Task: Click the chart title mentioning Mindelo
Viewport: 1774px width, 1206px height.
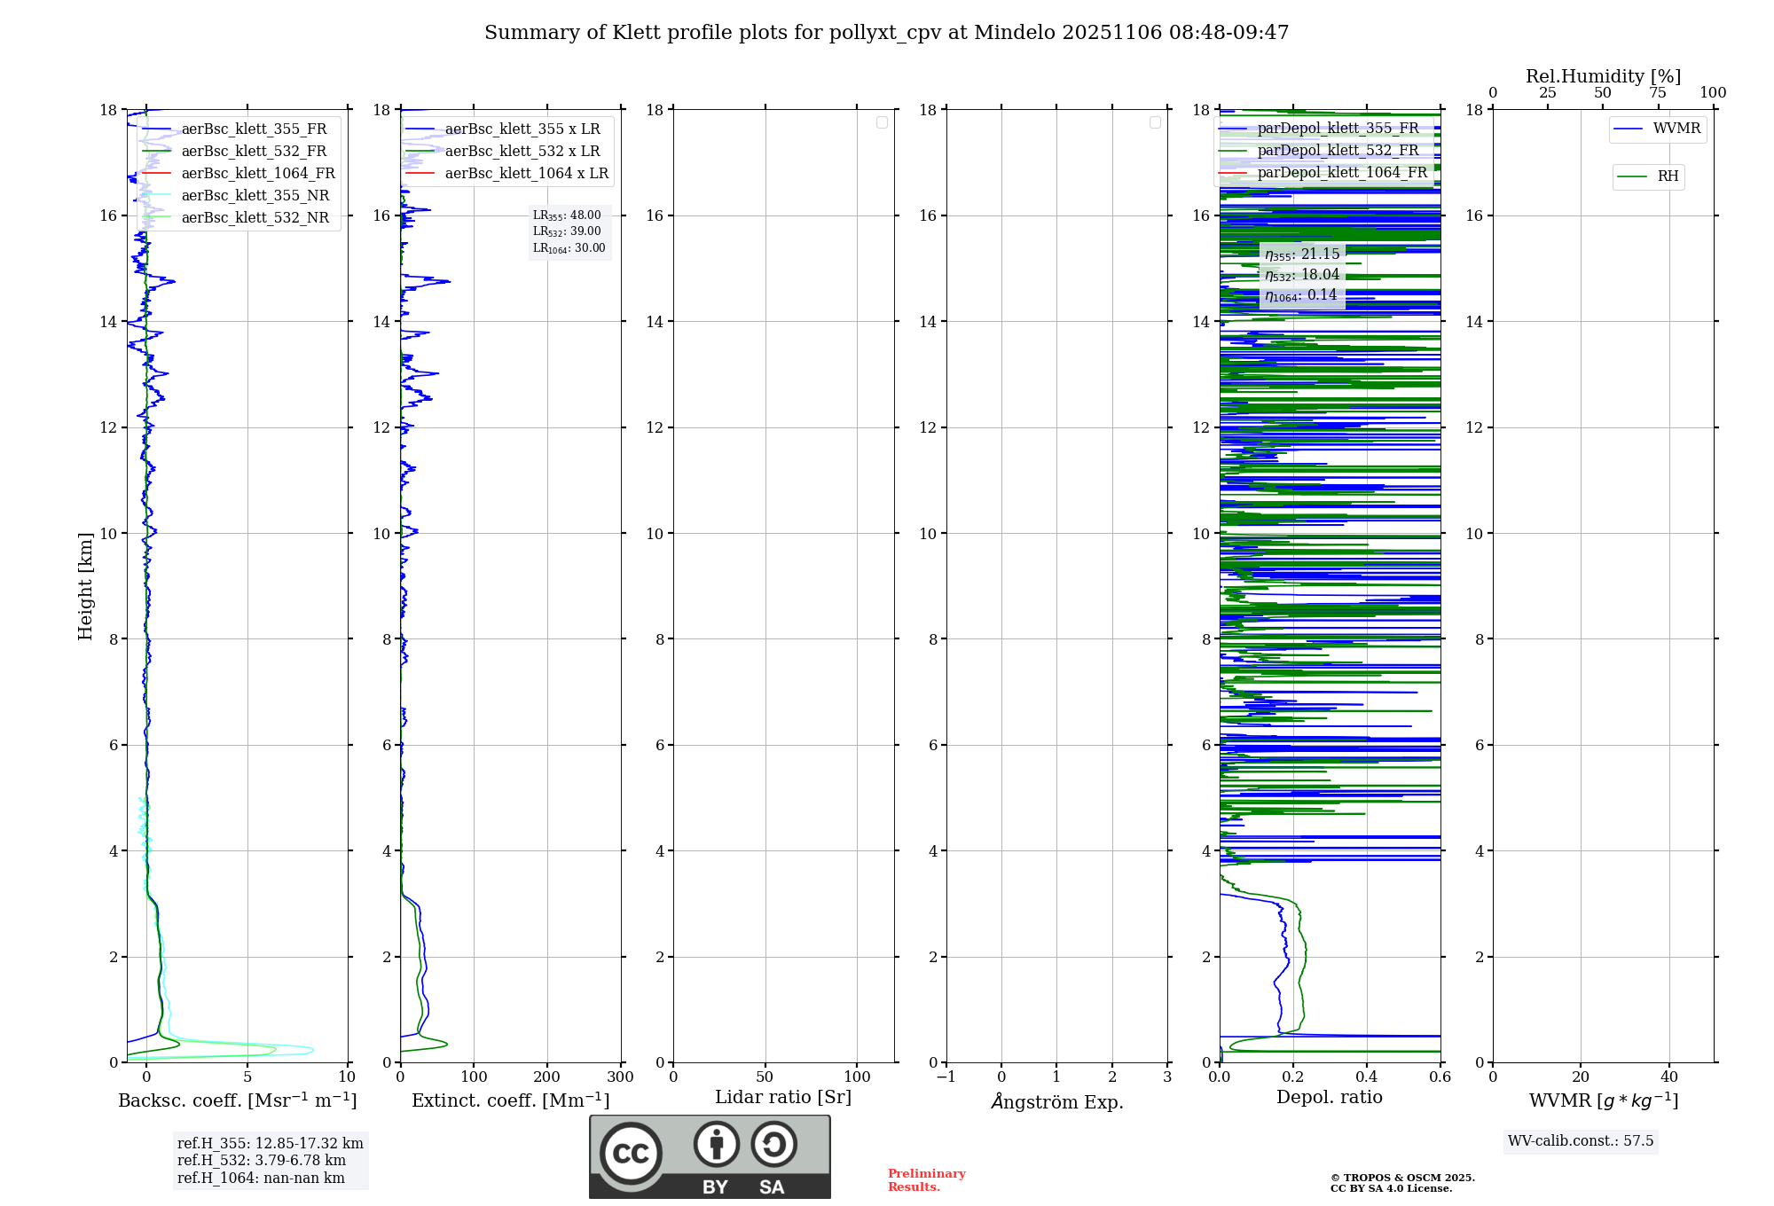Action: point(886,33)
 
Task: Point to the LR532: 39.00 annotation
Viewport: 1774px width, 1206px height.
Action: point(567,231)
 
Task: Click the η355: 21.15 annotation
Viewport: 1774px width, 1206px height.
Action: point(1302,255)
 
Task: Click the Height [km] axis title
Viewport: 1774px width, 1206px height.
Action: point(85,585)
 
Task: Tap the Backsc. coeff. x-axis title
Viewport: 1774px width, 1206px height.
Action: point(238,1100)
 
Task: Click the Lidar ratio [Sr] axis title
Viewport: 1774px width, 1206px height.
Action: point(783,1097)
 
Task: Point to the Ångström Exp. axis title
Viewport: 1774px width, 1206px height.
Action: point(1057,1101)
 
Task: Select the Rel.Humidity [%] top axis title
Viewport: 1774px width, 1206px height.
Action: point(1603,76)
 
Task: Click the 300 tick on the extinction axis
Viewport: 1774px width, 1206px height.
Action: point(620,1077)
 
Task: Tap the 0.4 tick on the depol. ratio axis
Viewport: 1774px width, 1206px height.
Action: point(1367,1077)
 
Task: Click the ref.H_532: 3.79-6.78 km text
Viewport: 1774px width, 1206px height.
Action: point(261,1160)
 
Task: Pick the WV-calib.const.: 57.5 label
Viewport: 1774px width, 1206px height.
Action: point(1581,1140)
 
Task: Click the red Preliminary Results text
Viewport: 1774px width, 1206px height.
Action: point(926,1180)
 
